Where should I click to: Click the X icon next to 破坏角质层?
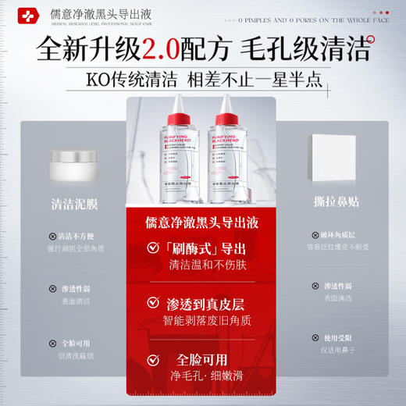click(x=315, y=234)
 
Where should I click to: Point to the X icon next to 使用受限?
click(x=315, y=337)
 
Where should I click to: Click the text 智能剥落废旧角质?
click(x=206, y=320)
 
